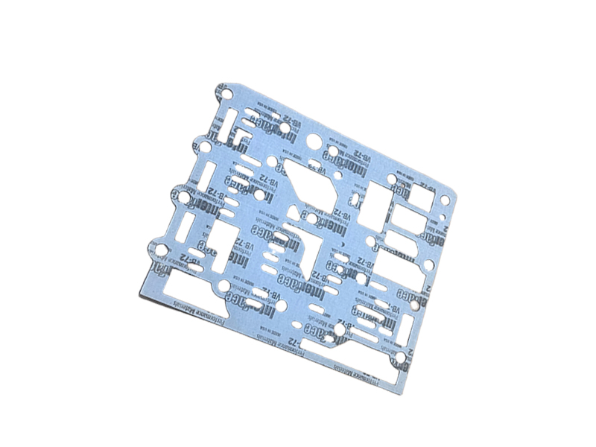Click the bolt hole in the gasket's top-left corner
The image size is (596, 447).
(x=229, y=95)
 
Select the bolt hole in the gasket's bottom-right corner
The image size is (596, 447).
(x=401, y=359)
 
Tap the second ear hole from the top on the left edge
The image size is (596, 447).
(x=200, y=143)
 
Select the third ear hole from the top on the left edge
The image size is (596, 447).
(x=179, y=196)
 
